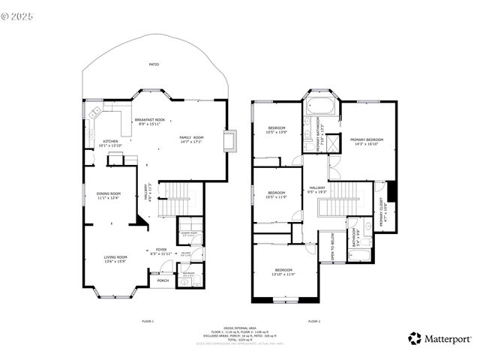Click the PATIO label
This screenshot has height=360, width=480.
(153, 64)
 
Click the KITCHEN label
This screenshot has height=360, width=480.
(109, 143)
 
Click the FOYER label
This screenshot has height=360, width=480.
(161, 251)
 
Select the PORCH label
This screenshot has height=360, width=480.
(162, 281)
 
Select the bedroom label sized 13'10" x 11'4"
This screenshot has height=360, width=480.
(283, 271)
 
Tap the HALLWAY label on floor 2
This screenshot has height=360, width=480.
(317, 190)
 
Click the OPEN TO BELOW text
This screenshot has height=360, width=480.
(331, 247)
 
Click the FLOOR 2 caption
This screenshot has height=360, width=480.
(313, 321)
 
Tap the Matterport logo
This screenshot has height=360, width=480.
(439, 339)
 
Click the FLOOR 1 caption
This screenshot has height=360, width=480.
(147, 321)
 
